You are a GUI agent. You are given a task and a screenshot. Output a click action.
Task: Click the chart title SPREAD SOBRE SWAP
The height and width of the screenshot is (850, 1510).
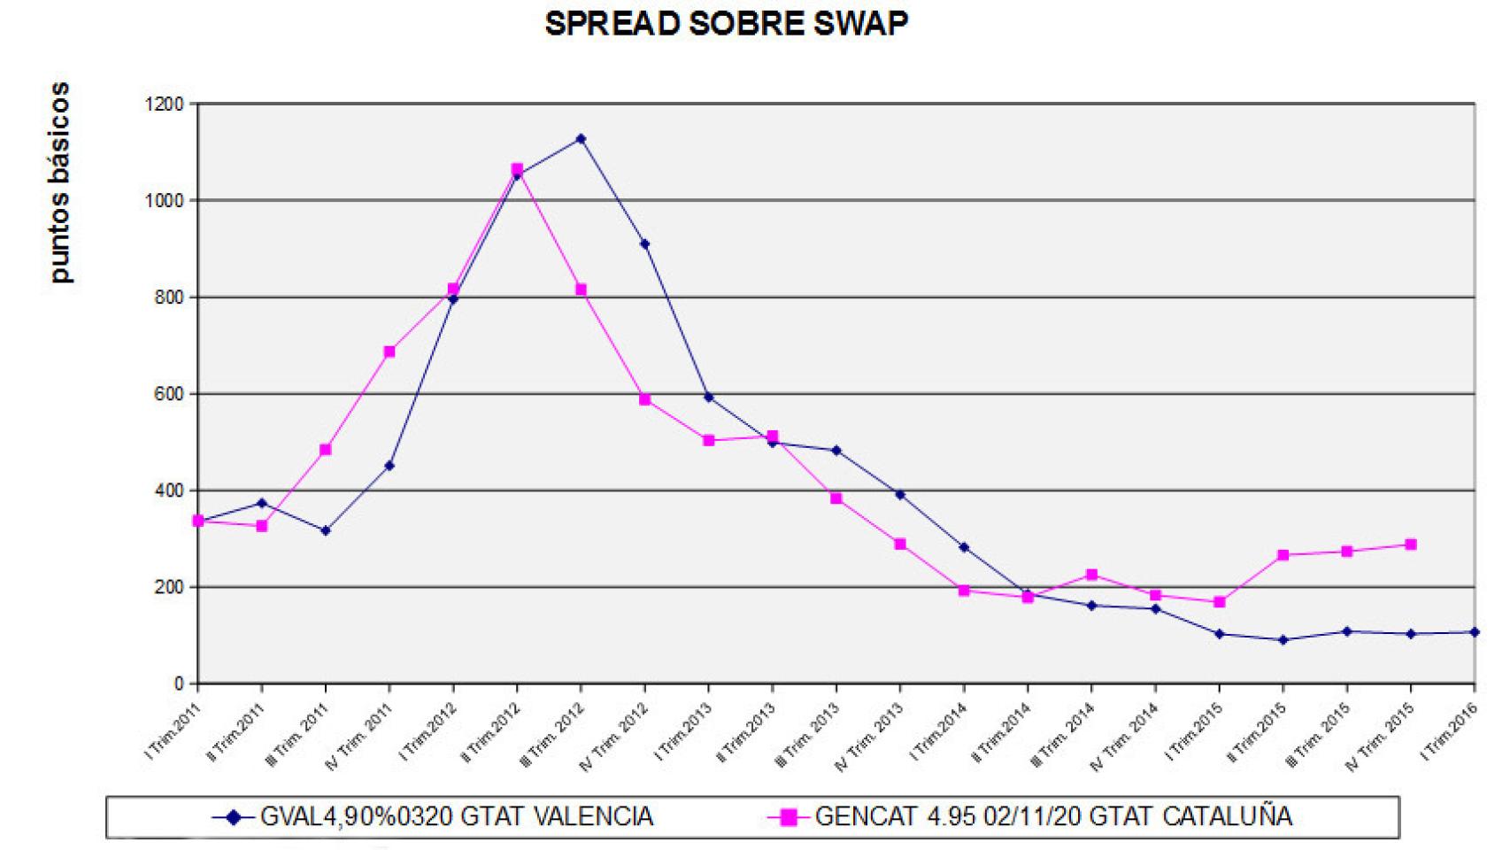click(726, 25)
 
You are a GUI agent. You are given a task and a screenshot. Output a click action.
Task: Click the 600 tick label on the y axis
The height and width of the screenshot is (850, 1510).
click(168, 394)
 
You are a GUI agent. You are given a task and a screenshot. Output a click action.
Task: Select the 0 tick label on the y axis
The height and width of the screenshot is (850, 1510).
click(179, 684)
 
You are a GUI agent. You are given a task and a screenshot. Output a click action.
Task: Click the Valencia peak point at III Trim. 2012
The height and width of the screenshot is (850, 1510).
click(581, 139)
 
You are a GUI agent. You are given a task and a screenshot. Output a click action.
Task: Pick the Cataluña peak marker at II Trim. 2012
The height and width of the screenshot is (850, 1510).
click(517, 169)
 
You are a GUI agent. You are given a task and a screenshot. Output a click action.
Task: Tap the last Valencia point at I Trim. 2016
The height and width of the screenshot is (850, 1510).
click(1475, 632)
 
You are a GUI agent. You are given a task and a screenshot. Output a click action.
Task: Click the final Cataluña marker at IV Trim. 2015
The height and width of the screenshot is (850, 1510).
click(1411, 545)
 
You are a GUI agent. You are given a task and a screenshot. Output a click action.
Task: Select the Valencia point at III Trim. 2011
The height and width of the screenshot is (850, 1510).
click(326, 530)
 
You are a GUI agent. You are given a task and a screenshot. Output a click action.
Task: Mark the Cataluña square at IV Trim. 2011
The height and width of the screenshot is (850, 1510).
click(389, 352)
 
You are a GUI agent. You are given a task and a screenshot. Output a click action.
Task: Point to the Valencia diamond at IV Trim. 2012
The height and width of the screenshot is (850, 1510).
click(645, 243)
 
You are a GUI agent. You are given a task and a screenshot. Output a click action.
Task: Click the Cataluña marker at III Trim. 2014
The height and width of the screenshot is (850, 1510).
click(1091, 575)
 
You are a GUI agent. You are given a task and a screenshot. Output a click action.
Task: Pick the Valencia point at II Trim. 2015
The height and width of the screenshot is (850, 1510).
click(1283, 639)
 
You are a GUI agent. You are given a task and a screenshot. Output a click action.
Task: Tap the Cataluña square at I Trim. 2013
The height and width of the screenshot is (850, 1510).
click(709, 440)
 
